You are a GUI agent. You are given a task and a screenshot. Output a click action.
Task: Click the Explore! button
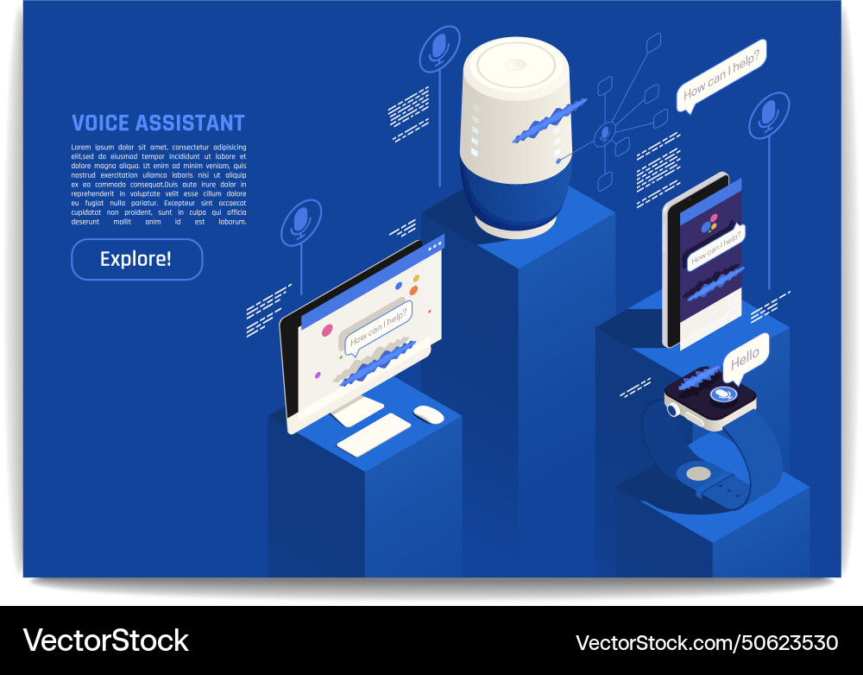136,259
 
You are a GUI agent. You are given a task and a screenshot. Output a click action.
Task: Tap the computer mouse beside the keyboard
429,414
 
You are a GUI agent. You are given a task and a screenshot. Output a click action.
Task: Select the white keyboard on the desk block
374,434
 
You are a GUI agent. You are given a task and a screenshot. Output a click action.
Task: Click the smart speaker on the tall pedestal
515,138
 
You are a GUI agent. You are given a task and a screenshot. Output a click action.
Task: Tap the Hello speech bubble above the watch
745,356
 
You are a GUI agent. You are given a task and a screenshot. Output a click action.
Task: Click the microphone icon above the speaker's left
439,48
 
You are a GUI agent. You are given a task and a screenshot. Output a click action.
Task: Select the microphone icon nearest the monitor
300,222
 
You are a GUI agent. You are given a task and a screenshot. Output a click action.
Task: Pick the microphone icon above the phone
768,115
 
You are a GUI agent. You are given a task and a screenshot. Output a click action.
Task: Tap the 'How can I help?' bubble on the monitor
378,326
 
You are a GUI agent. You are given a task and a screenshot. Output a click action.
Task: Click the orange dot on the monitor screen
415,279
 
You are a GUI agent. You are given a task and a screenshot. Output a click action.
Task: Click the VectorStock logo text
105,640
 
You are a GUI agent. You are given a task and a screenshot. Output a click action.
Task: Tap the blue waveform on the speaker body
548,121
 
